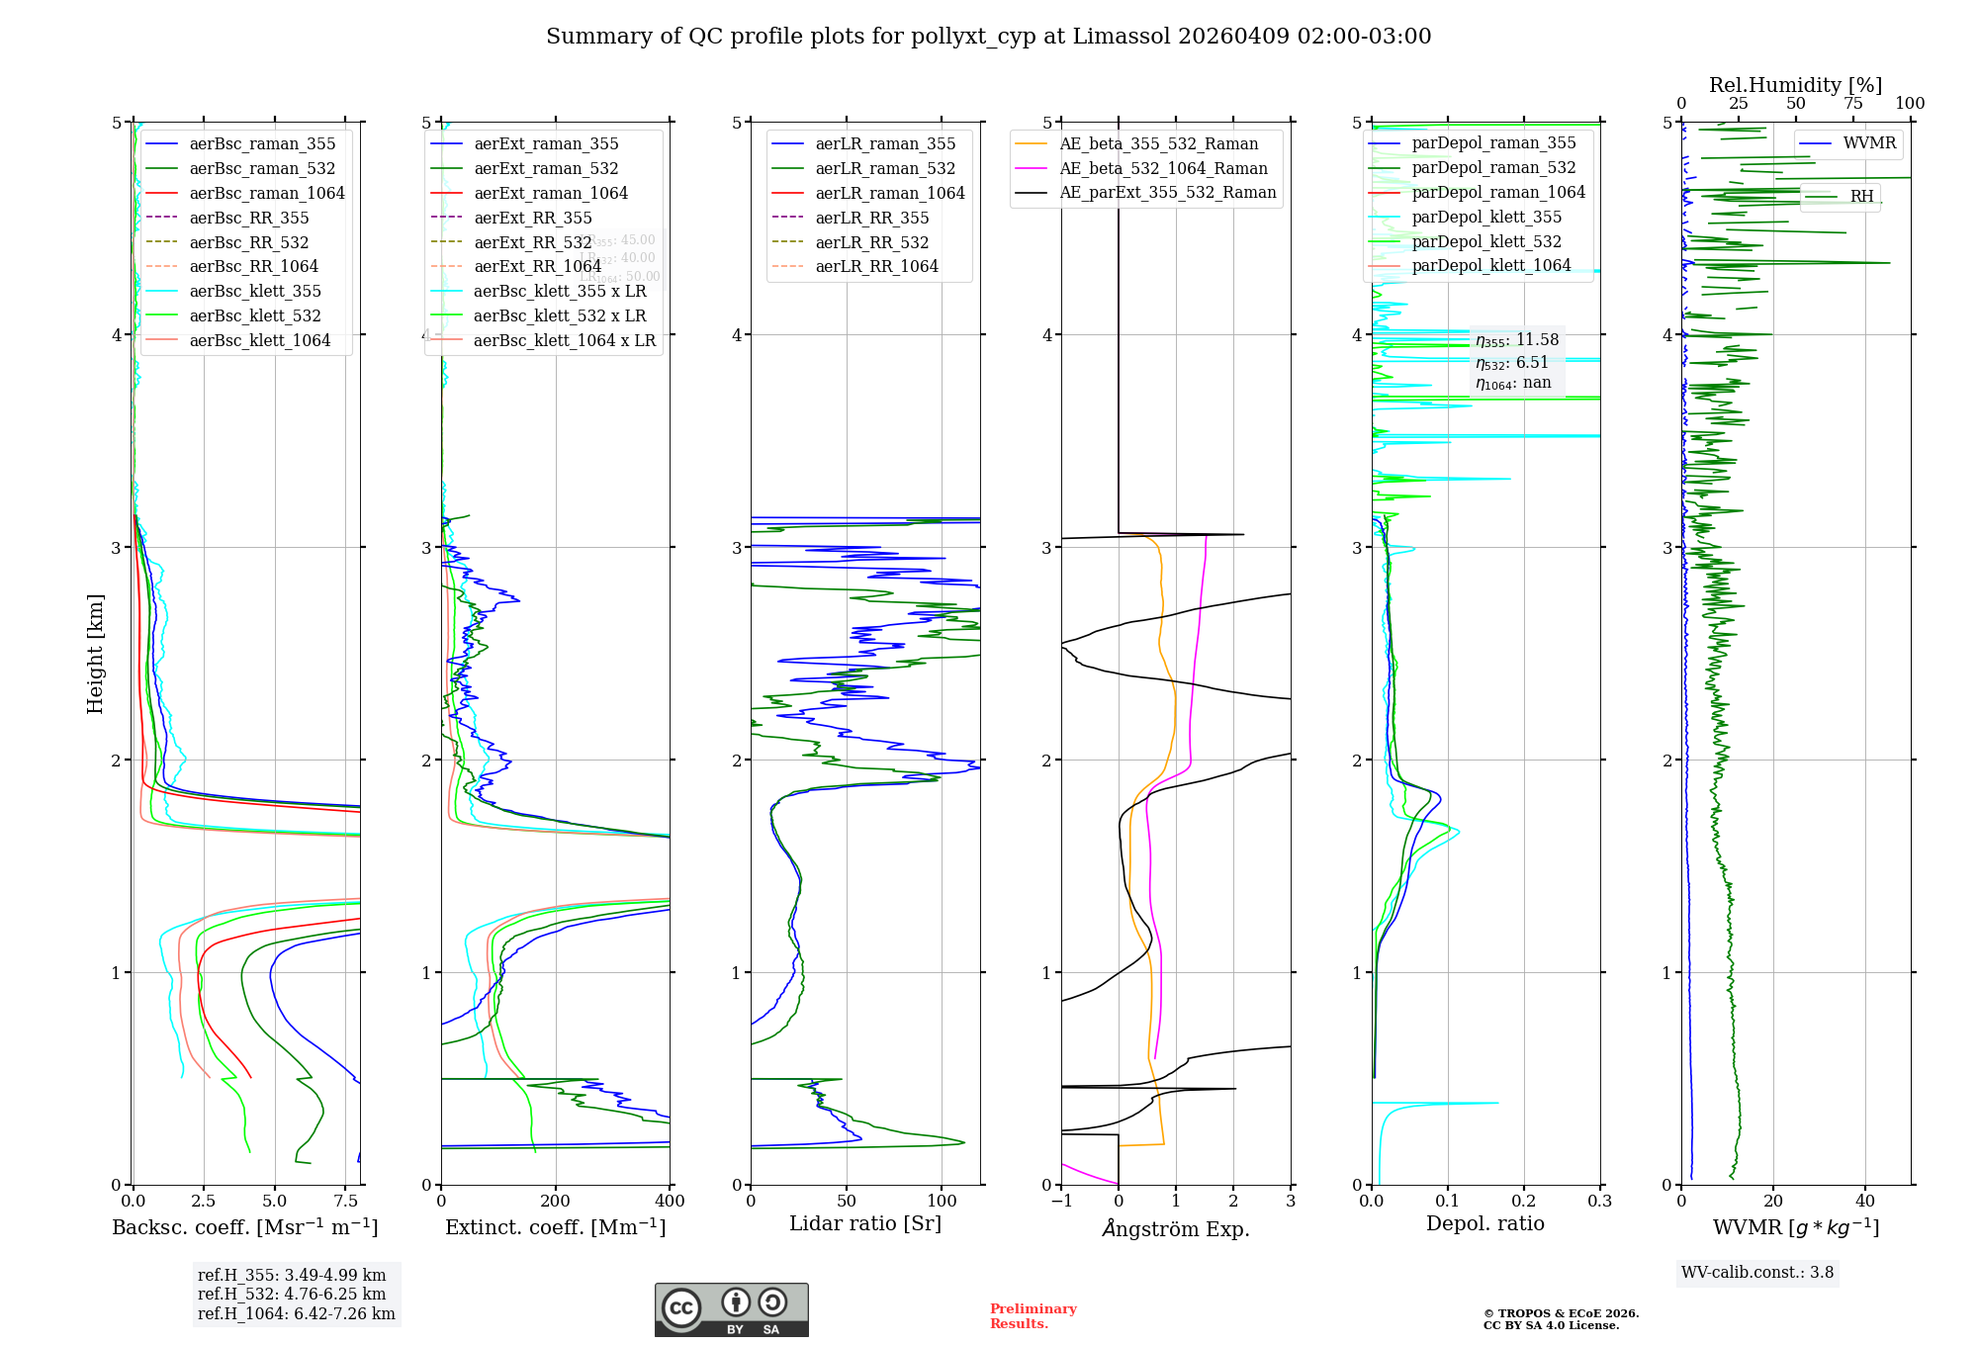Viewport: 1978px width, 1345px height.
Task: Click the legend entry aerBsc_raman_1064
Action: [267, 194]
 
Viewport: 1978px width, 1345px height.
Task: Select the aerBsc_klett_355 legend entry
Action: [255, 292]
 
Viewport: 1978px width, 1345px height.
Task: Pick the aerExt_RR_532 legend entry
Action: [533, 242]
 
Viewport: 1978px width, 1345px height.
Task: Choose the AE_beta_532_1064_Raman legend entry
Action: [1163, 169]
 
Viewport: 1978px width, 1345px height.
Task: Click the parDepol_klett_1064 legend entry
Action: [1490, 266]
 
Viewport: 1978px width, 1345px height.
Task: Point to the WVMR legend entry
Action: [1869, 143]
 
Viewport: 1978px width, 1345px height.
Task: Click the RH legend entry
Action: [1861, 197]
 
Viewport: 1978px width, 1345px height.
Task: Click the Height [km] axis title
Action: [95, 654]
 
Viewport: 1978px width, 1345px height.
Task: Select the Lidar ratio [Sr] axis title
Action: [865, 1224]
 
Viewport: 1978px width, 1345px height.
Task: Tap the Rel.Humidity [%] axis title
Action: [1795, 85]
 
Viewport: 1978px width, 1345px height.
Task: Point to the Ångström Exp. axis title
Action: [1176, 1229]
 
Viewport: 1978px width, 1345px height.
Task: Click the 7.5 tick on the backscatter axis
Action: [345, 1202]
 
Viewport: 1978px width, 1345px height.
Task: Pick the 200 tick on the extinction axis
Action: [556, 1202]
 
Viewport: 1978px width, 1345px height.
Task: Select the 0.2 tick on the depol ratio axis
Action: [1524, 1202]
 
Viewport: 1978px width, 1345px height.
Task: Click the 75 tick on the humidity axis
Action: [1852, 104]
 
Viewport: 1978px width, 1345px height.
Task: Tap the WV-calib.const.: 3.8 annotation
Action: [1757, 1273]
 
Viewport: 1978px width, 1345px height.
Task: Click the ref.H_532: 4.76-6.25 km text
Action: [292, 1295]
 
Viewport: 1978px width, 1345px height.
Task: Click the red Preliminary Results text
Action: [1033, 1316]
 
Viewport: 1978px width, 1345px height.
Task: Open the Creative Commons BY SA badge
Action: [731, 1309]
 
